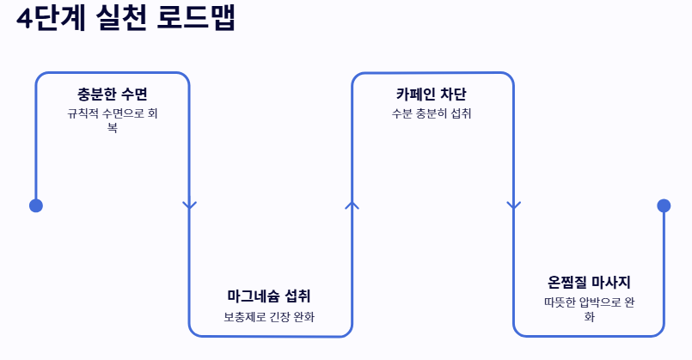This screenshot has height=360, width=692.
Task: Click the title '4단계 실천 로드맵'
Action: (126, 19)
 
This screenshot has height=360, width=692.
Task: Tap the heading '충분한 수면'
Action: (113, 95)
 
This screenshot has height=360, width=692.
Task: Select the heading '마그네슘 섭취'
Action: (269, 296)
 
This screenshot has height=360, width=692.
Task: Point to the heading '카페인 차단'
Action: (432, 95)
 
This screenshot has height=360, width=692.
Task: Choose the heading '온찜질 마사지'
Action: (589, 282)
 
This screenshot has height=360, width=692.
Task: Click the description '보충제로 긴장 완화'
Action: (269, 317)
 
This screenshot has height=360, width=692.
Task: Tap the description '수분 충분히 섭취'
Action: (432, 113)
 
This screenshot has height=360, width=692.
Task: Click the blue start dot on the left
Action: (36, 205)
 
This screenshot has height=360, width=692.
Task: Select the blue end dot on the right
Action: (664, 205)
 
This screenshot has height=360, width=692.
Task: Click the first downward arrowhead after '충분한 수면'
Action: (190, 205)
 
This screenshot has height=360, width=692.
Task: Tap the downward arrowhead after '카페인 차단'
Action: (514, 205)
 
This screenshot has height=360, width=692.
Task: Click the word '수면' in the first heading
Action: (133, 95)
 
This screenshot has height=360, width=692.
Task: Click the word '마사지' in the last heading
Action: (610, 282)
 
